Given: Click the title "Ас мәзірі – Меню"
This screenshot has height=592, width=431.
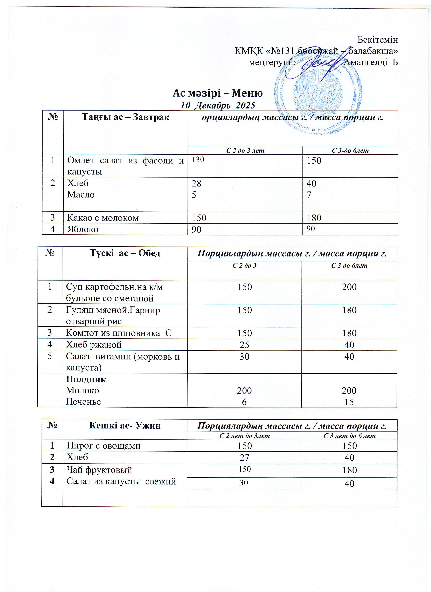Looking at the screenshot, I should coord(217,93).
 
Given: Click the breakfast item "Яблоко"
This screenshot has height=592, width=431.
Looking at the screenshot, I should coord(83,229).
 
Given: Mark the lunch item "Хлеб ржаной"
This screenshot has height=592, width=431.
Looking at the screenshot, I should coord(94,345).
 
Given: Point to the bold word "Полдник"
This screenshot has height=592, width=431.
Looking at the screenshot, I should coord(86,379).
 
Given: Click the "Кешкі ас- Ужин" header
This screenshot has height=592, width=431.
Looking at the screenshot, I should coord(125,425).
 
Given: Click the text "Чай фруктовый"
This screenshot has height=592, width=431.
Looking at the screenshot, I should coord(99,470).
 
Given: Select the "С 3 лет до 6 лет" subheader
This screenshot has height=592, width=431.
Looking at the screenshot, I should coord(349,436).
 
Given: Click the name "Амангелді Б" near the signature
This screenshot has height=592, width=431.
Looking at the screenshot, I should coord(371,62).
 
